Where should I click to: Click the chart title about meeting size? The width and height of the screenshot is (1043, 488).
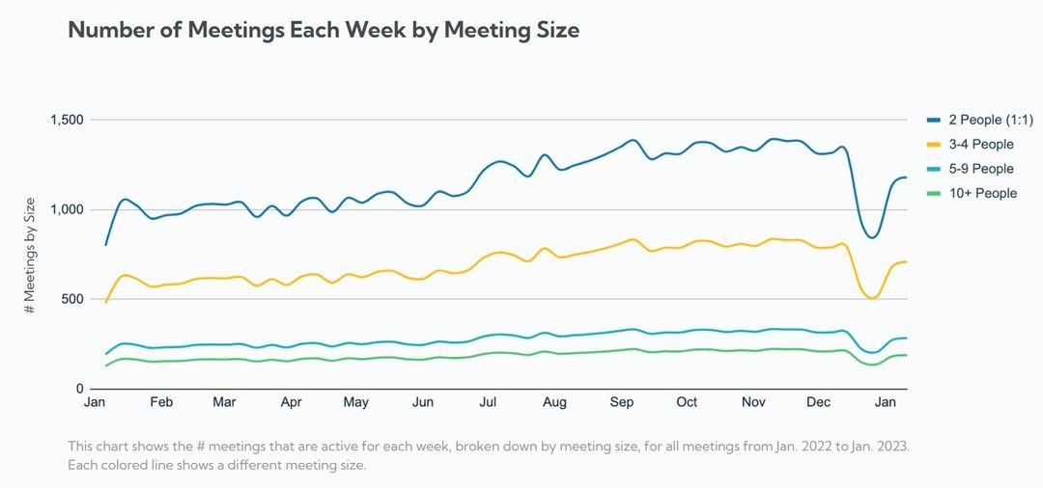pos(324,30)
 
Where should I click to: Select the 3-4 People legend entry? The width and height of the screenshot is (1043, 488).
pos(980,145)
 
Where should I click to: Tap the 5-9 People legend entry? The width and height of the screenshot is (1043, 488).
pos(980,169)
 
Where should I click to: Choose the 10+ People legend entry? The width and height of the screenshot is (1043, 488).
pos(982,193)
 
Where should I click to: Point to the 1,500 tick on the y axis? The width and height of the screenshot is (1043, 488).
pos(68,120)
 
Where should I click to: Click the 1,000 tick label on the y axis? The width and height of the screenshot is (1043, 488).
pos(68,209)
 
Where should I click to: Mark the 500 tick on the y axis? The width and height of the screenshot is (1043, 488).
pos(73,299)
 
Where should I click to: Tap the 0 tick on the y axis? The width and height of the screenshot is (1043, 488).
pos(81,389)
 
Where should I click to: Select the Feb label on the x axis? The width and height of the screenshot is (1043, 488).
pos(161,402)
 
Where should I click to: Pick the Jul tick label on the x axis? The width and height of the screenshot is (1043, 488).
pos(488,402)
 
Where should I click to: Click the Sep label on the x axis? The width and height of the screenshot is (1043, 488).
pos(621,402)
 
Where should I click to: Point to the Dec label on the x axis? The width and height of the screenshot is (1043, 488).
pos(818,402)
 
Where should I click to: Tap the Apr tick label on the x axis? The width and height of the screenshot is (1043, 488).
pos(291,402)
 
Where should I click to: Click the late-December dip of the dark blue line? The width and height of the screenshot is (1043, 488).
pos(871,237)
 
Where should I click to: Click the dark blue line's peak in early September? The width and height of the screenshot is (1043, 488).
pos(633,140)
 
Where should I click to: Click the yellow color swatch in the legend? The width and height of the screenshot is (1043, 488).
pos(934,145)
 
